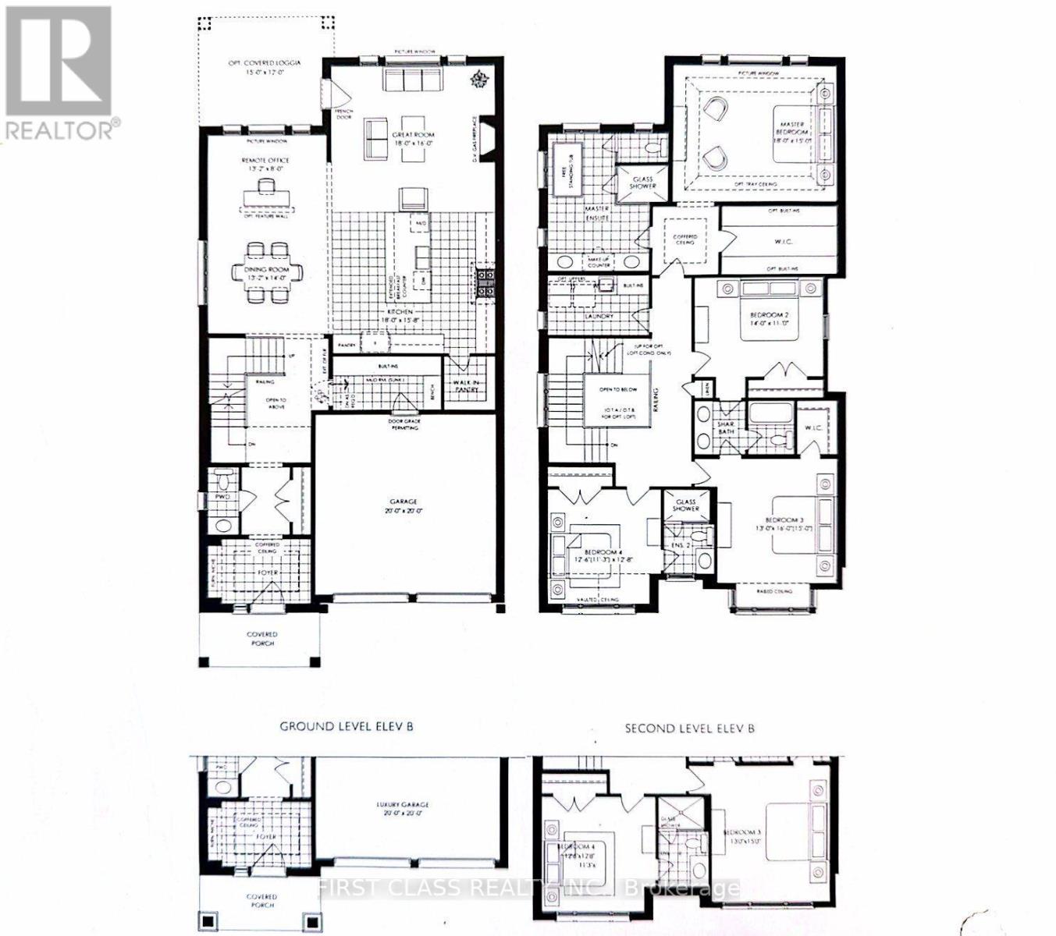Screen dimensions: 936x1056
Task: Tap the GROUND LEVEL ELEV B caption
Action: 346,727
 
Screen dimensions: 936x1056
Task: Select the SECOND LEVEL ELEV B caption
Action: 689,729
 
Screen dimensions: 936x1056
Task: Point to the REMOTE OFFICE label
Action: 265,164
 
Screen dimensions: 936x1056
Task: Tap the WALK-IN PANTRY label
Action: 466,385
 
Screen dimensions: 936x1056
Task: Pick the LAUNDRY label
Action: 599,316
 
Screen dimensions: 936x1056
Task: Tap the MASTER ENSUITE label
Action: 597,214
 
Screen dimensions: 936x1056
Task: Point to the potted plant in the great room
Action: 478,80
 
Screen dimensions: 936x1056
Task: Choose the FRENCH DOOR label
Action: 343,116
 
